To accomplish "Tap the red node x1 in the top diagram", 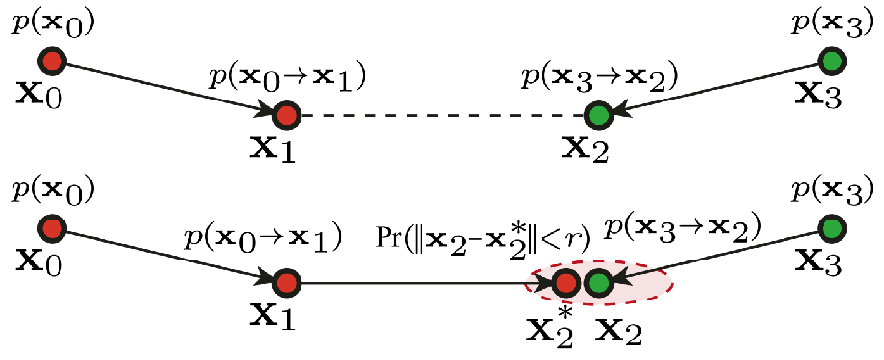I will tap(286, 116).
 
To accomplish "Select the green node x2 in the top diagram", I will tap(599, 116).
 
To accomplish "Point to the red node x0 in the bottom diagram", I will tap(53, 229).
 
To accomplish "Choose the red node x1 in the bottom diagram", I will tap(286, 284).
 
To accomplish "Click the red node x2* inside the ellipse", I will tap(565, 284).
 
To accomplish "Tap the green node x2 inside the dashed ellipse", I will tap(599, 284).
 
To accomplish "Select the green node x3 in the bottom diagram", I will tap(832, 229).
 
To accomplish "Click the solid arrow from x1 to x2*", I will tap(420, 284).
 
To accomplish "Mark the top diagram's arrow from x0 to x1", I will tap(166, 88).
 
